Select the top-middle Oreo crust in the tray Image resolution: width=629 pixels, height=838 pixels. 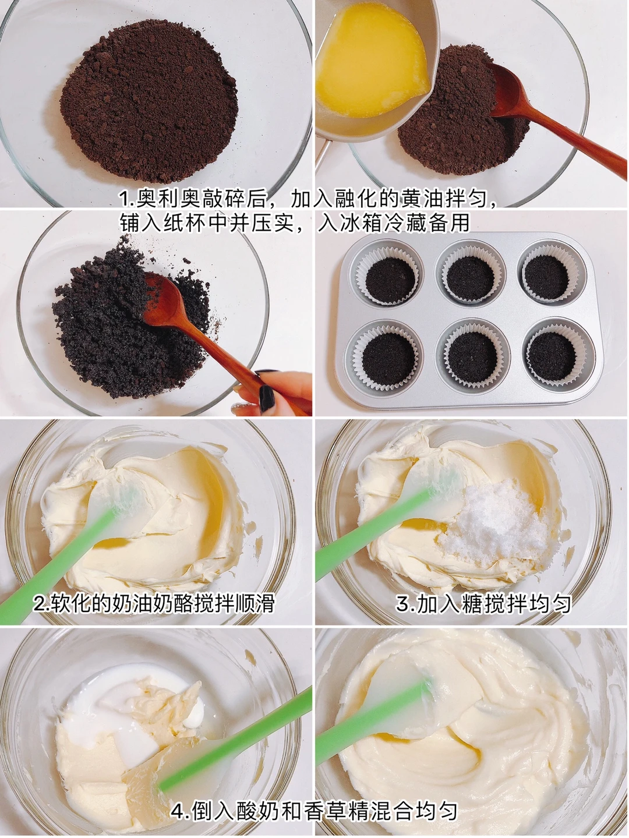tap(469, 279)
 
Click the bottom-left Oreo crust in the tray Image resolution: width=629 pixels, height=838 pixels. tap(389, 359)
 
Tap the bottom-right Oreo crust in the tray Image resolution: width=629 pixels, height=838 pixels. tap(552, 356)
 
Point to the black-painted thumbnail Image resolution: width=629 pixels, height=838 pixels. tap(267, 398)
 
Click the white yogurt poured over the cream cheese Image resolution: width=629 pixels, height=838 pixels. tap(126, 702)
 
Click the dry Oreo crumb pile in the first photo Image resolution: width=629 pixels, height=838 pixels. tap(149, 101)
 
